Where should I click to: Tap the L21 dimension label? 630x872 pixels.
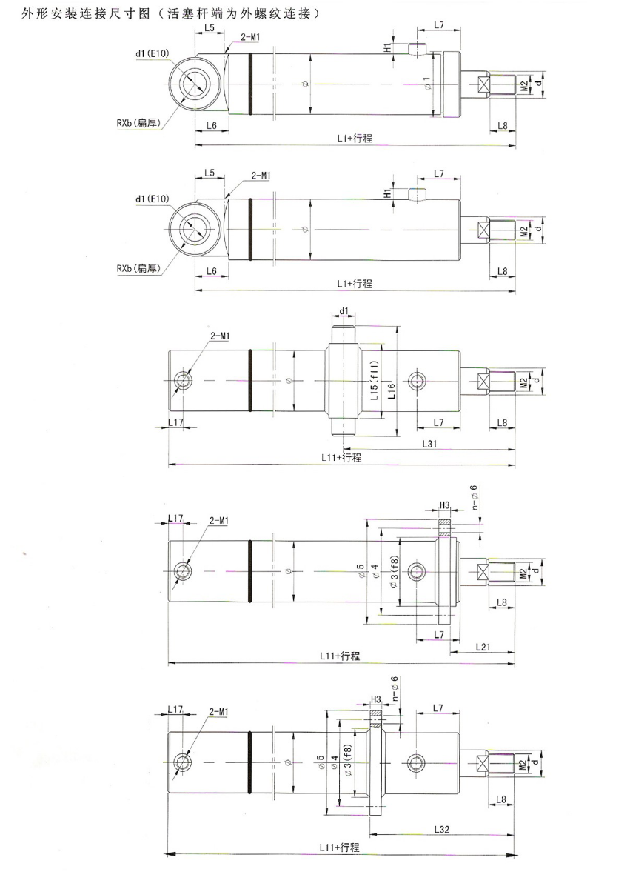[482, 647]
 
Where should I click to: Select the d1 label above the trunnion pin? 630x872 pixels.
[344, 311]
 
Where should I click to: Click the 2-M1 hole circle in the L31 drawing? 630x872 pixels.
[183, 382]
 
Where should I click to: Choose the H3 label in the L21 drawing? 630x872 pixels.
[445, 505]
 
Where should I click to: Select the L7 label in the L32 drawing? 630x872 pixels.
[438, 709]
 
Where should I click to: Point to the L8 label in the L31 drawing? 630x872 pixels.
[502, 422]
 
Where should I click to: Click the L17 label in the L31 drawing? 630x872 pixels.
[175, 422]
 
